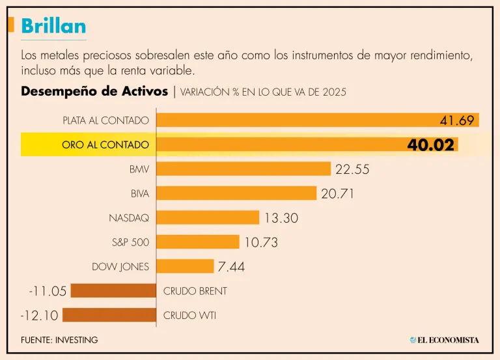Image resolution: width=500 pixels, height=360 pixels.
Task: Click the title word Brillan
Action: click(x=53, y=25)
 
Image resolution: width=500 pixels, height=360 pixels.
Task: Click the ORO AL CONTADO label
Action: click(x=105, y=145)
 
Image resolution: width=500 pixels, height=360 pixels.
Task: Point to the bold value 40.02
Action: click(x=430, y=145)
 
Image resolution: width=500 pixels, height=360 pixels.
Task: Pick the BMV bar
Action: click(x=243, y=169)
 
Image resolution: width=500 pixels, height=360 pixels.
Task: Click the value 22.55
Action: click(x=352, y=169)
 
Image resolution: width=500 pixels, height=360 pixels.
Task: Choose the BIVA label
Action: click(x=140, y=193)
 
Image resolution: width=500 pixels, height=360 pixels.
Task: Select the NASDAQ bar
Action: click(x=208, y=217)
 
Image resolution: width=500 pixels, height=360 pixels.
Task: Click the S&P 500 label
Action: click(x=130, y=242)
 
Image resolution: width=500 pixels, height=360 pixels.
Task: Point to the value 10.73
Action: click(x=261, y=242)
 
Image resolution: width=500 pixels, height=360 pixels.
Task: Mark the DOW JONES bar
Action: click(x=185, y=266)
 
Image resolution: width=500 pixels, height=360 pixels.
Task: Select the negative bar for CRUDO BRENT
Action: click(x=113, y=291)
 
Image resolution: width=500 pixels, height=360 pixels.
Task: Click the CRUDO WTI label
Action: click(x=189, y=316)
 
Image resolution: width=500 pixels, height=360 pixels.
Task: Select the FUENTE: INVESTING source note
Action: click(x=59, y=340)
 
